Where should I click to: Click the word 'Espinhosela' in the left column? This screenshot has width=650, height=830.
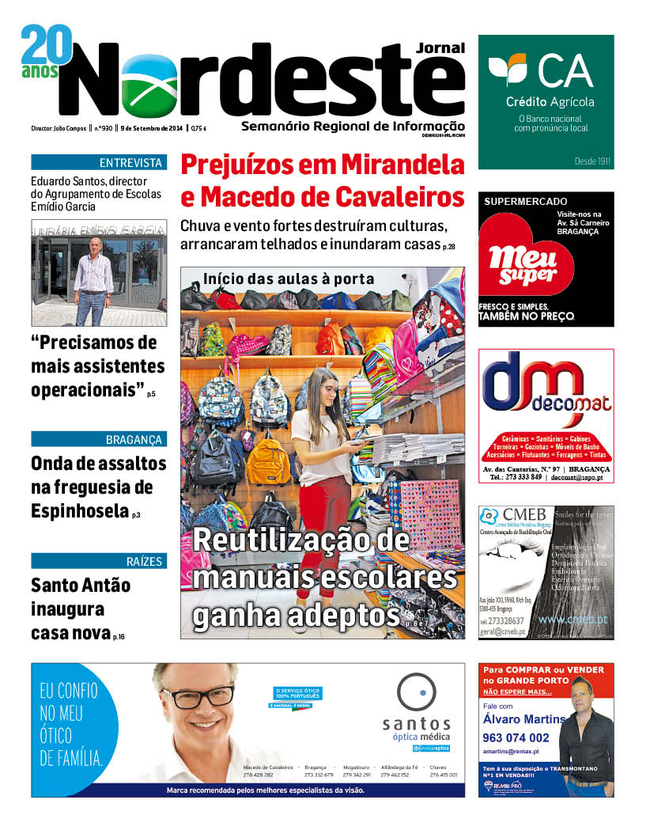tap(79, 510)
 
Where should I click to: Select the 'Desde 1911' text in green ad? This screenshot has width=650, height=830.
tap(592, 161)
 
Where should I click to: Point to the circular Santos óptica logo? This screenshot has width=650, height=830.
tap(416, 693)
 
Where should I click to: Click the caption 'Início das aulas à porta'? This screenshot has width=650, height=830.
tap(288, 279)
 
